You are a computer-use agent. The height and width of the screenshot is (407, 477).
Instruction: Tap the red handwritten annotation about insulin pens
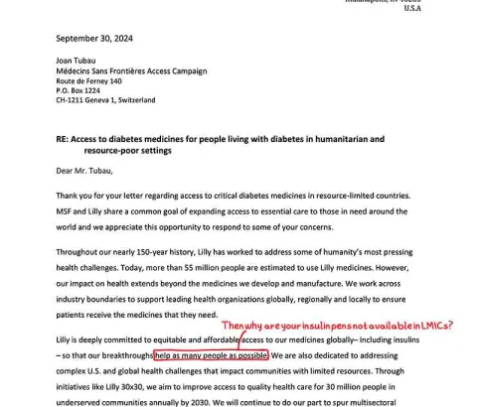(x=338, y=325)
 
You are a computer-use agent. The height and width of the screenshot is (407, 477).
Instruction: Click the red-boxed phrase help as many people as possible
(x=211, y=354)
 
